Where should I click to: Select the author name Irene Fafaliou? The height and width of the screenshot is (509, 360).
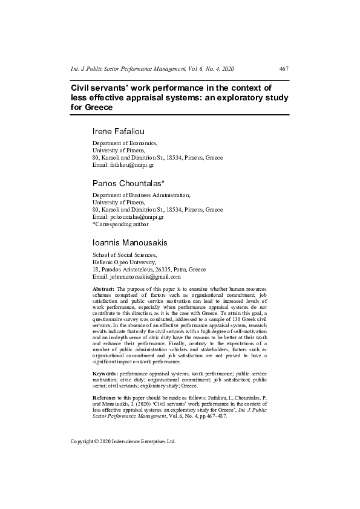tap(119, 131)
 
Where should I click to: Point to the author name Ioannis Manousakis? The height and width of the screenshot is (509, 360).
tap(130, 242)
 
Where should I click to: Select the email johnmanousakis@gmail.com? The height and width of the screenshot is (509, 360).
tap(136, 276)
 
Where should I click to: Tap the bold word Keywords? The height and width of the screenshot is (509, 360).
tap(105, 374)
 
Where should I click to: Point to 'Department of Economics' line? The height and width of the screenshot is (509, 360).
tap(125, 143)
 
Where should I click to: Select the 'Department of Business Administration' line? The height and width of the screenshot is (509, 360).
tap(141, 195)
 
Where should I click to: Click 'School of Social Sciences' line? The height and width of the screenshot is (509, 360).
tap(123, 255)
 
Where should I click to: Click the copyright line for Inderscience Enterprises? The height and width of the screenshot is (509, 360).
tap(123, 441)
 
